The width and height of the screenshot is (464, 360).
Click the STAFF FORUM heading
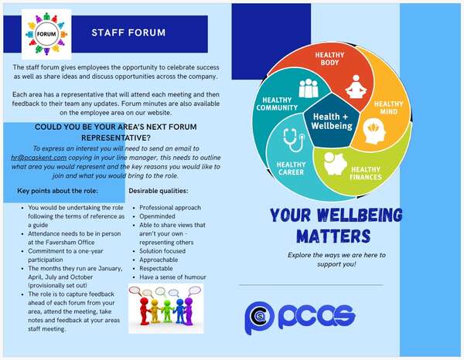point(128,33)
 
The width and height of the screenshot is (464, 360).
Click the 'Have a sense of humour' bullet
point(173,277)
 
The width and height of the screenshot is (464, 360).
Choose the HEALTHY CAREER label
point(291,168)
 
